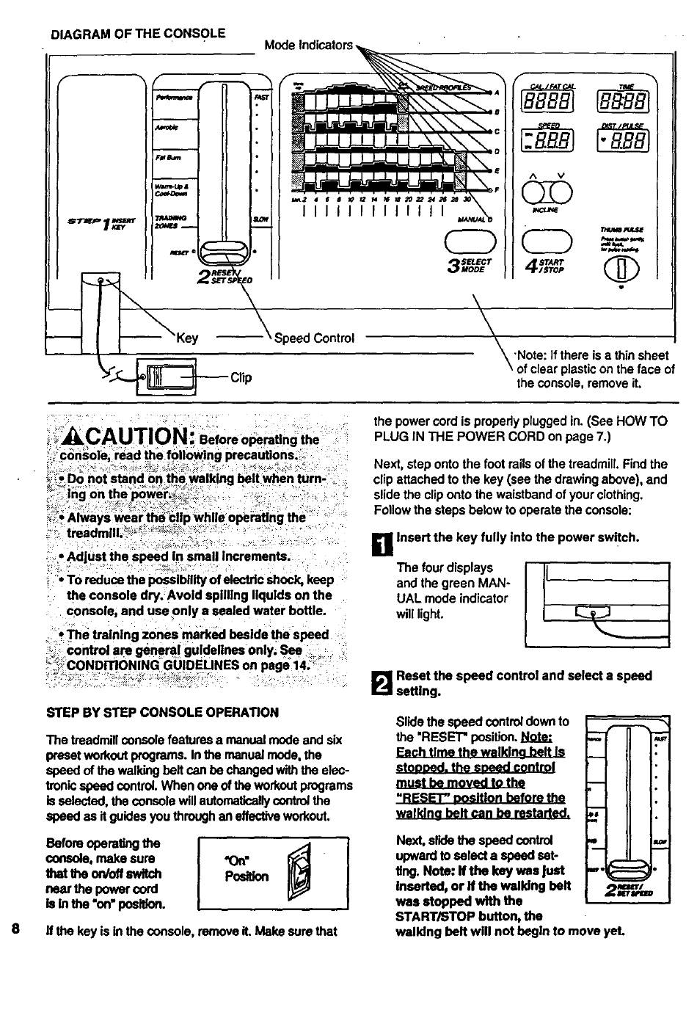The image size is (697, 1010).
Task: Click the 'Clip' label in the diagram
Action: click(x=241, y=377)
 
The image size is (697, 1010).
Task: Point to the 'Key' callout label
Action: click(x=187, y=338)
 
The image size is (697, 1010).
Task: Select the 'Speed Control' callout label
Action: click(x=314, y=338)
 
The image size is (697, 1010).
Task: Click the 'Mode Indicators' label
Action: click(x=308, y=46)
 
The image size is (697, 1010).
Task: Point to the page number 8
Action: click(x=15, y=929)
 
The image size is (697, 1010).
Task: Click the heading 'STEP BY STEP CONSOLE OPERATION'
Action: click(x=162, y=712)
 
